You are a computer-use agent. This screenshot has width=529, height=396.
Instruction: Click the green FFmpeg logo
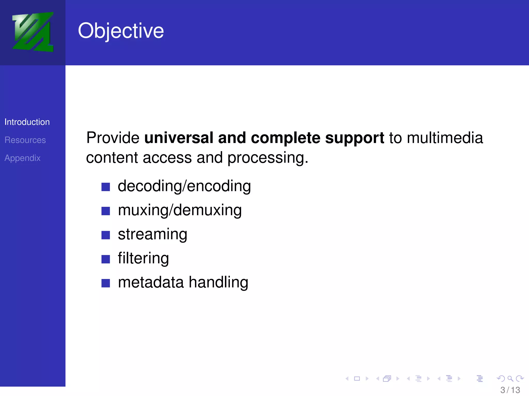(33, 32)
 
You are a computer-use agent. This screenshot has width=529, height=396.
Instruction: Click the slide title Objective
(121, 31)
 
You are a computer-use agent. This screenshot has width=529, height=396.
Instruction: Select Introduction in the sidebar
(27, 122)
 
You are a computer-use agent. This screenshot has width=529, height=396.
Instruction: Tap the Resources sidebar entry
(25, 140)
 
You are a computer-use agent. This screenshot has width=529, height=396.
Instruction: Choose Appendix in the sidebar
(22, 158)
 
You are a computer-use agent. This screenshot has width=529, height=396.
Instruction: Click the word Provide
(113, 138)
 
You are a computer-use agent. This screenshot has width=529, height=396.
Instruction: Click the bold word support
(354, 138)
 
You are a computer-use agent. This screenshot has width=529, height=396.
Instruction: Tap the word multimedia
(445, 138)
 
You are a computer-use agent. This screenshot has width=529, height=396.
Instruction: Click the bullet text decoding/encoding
(184, 186)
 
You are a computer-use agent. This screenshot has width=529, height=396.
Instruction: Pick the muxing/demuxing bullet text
(180, 210)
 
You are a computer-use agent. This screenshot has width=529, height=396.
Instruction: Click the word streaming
(152, 234)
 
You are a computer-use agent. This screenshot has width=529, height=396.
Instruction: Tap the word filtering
(143, 258)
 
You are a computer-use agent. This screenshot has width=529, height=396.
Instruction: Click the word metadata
(151, 282)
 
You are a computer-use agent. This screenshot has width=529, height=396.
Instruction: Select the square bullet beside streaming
(106, 235)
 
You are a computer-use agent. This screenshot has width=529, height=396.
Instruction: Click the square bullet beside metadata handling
(106, 283)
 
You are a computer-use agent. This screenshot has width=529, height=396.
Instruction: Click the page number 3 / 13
(510, 390)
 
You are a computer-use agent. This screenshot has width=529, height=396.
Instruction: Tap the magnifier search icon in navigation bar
(510, 378)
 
